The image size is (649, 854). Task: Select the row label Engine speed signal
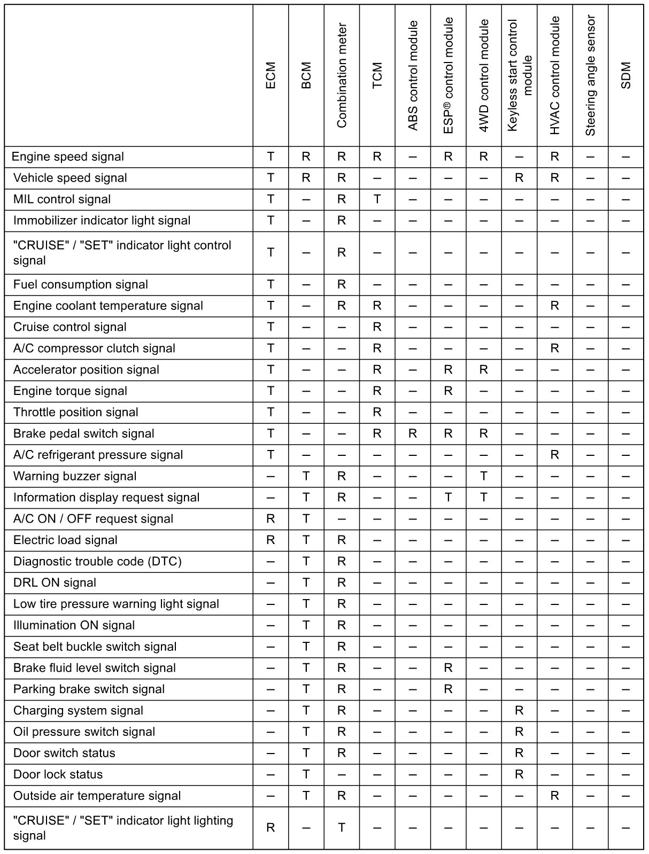(67, 157)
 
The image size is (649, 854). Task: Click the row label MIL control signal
(62, 199)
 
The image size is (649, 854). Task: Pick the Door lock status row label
(58, 774)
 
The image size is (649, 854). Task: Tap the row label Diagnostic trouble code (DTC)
(97, 561)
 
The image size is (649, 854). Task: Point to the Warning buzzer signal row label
(75, 476)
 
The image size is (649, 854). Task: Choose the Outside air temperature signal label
(97, 796)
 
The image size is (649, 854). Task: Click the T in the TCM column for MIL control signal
(377, 199)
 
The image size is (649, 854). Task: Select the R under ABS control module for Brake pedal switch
(413, 433)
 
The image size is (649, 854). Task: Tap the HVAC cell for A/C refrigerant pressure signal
(554, 455)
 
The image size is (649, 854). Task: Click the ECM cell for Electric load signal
(271, 540)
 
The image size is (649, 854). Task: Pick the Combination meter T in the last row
(342, 828)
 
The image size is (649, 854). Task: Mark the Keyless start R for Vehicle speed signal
(519, 178)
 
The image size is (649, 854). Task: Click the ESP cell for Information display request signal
(448, 498)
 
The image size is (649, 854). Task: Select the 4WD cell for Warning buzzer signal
(484, 476)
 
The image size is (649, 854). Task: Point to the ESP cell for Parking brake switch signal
(448, 689)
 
